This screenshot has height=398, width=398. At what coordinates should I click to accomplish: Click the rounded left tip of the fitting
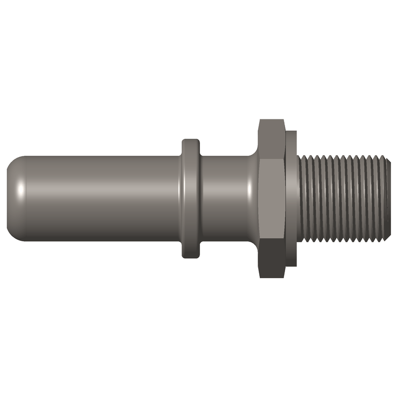coord(11,199)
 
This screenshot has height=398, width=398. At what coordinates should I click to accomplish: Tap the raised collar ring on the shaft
coord(191,199)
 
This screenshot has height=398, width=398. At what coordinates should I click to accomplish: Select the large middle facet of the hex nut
coord(272,199)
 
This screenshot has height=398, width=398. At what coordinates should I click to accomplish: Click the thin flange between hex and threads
coord(292,199)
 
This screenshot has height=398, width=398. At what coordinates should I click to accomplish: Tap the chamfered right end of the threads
coord(386,199)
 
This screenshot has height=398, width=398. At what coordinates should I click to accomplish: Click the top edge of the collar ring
coord(191,140)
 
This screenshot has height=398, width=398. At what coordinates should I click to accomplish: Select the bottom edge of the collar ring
coord(191,257)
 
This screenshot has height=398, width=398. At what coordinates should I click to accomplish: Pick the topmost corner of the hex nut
coord(272,120)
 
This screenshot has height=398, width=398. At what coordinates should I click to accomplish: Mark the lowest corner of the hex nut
coord(272,278)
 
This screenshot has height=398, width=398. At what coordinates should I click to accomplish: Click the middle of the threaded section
coord(343,199)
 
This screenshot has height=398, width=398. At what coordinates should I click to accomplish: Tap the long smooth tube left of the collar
coord(99,199)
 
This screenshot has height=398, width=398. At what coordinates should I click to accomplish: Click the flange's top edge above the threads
coord(292,132)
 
